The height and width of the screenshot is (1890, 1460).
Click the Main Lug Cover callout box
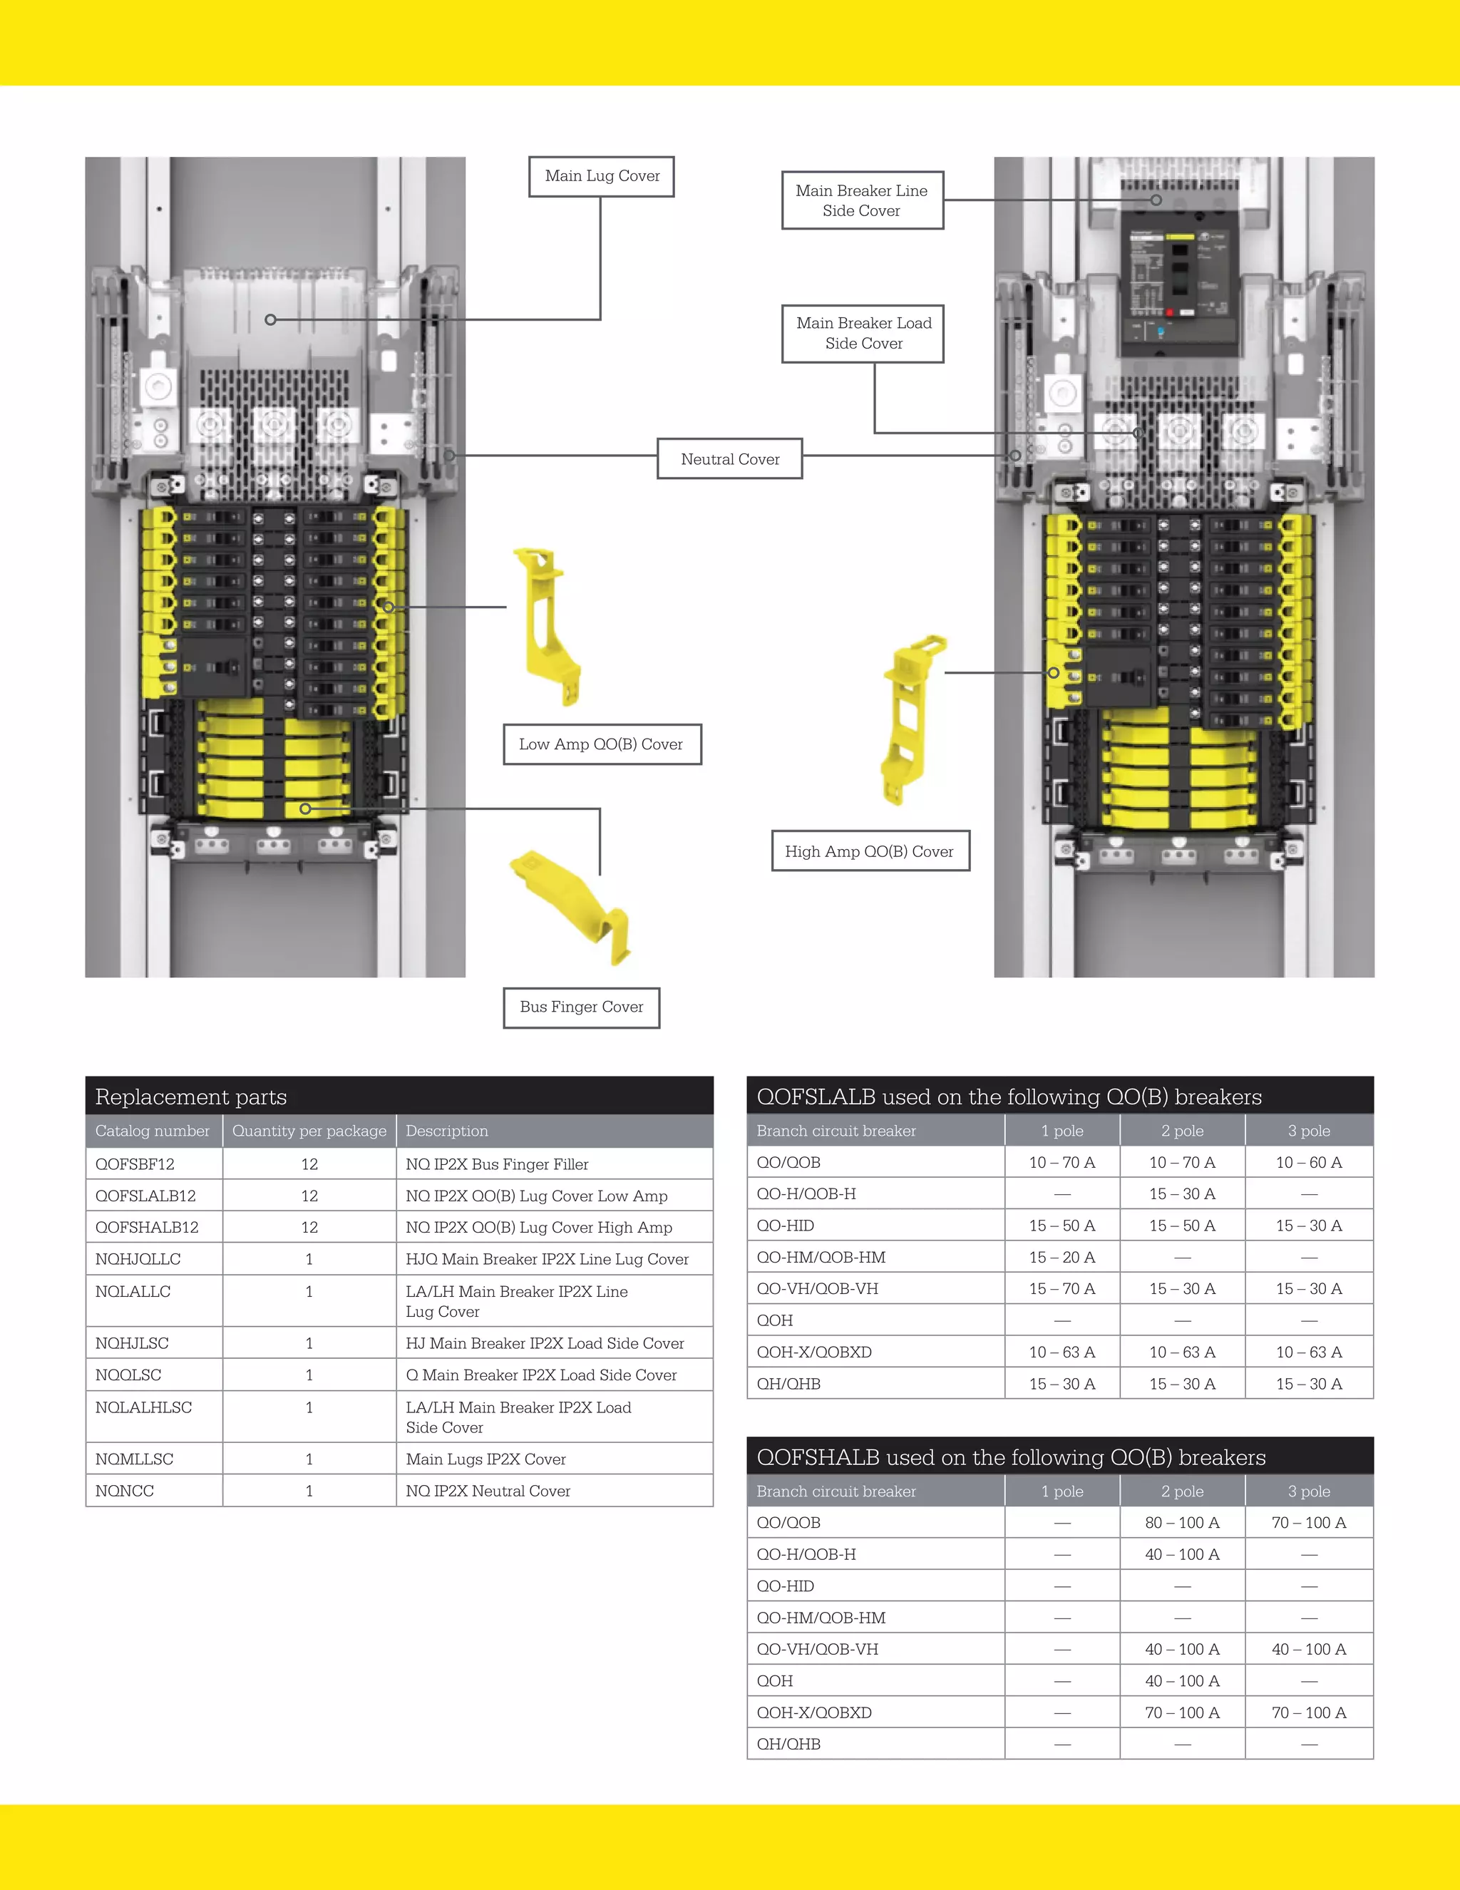click(x=602, y=177)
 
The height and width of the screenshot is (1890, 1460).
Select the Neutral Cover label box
click(x=729, y=458)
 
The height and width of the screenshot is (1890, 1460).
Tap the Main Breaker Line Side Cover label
click(x=862, y=201)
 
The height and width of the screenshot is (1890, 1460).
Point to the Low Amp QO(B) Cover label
click(x=602, y=744)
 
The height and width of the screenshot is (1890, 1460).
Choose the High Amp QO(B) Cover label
click(x=870, y=851)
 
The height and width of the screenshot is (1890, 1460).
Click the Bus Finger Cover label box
click(x=582, y=1007)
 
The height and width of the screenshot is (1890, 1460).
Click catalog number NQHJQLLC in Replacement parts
click(x=138, y=1259)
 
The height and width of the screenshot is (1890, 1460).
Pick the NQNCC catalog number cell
click(x=125, y=1491)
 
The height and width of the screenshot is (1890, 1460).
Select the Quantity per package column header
click(x=309, y=1131)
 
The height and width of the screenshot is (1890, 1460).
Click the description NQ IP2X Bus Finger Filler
click(x=497, y=1164)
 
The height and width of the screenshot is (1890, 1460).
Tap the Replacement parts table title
click(x=191, y=1096)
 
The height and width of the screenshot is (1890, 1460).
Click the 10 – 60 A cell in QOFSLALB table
click(x=1309, y=1162)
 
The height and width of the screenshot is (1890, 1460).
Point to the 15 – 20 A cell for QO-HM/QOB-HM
click(x=1062, y=1258)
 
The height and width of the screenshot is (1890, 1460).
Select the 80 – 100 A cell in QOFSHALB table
click(x=1182, y=1522)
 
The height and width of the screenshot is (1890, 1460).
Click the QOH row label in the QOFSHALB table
click(x=775, y=1680)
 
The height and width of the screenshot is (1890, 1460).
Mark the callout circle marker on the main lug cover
click(x=270, y=319)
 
